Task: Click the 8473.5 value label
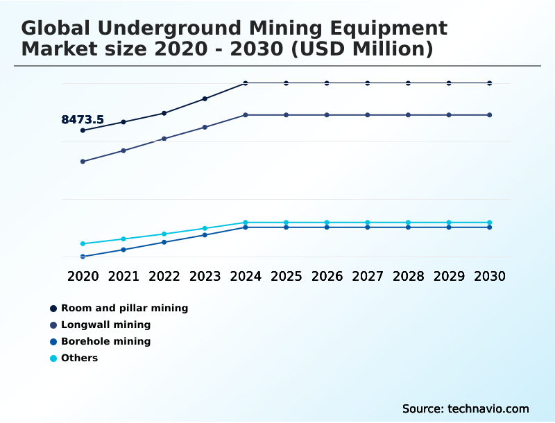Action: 83,120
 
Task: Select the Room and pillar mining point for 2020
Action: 83,130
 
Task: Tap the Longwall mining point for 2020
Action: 83,162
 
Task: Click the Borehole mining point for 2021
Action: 123,250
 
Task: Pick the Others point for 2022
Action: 164,234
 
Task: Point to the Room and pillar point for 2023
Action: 205,98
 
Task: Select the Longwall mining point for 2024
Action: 246,115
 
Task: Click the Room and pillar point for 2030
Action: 489,83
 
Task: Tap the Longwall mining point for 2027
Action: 368,115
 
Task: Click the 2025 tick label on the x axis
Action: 286,276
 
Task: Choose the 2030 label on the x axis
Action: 489,276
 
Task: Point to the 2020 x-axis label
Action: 83,276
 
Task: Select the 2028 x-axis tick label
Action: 408,276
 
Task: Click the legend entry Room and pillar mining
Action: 124,308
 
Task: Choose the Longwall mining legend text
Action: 105,325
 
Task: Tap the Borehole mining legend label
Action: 105,341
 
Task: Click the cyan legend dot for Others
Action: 53,359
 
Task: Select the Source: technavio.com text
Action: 466,408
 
